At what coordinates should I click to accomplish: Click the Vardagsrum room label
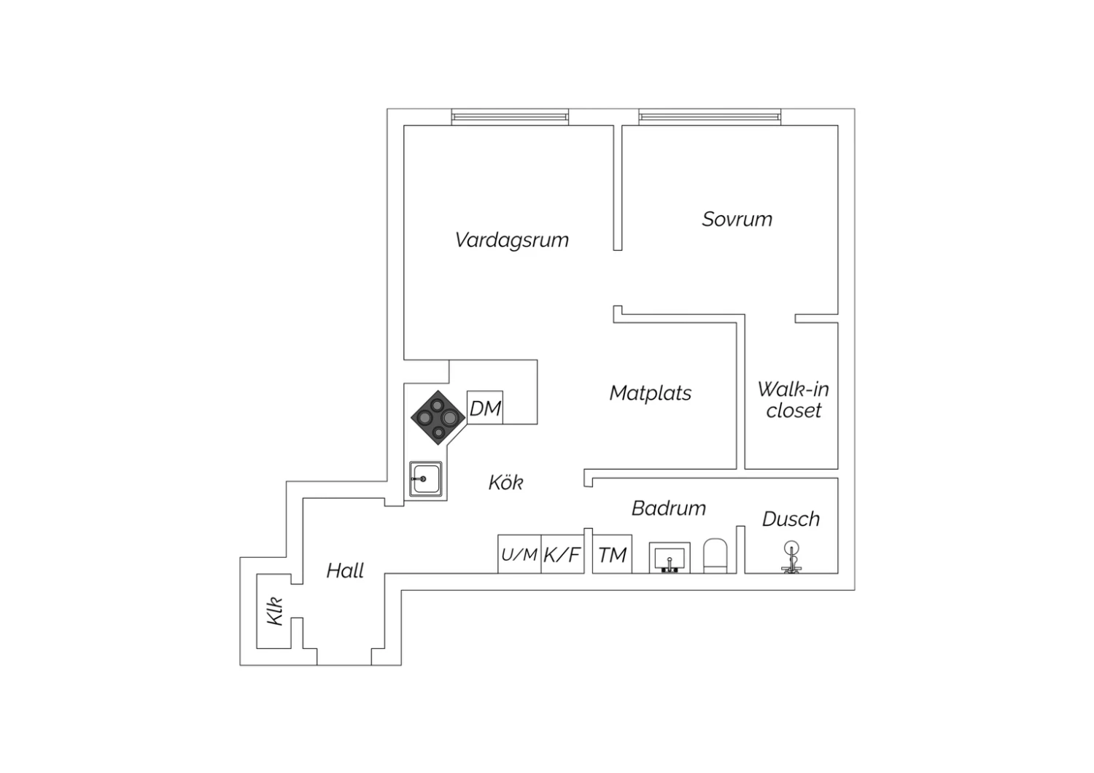click(511, 240)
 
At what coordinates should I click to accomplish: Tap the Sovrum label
click(737, 219)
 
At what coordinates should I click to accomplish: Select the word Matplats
click(650, 393)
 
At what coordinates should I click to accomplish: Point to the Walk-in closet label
click(793, 400)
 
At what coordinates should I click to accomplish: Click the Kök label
click(505, 482)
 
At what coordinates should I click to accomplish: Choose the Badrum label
click(668, 508)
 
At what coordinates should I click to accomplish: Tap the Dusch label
click(791, 519)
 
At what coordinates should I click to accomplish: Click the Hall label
click(345, 570)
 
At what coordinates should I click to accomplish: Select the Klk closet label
click(275, 611)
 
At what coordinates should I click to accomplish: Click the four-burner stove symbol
click(438, 417)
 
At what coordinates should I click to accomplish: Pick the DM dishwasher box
click(485, 408)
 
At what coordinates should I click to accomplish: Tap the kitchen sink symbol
click(425, 478)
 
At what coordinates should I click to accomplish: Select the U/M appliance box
click(519, 555)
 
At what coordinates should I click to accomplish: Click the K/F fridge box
click(562, 555)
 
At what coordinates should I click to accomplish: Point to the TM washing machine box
click(612, 555)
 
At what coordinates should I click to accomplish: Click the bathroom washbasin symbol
click(670, 559)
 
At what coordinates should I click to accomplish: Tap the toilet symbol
click(716, 556)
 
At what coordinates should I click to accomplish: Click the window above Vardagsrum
click(509, 117)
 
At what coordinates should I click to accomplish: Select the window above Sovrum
click(710, 117)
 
